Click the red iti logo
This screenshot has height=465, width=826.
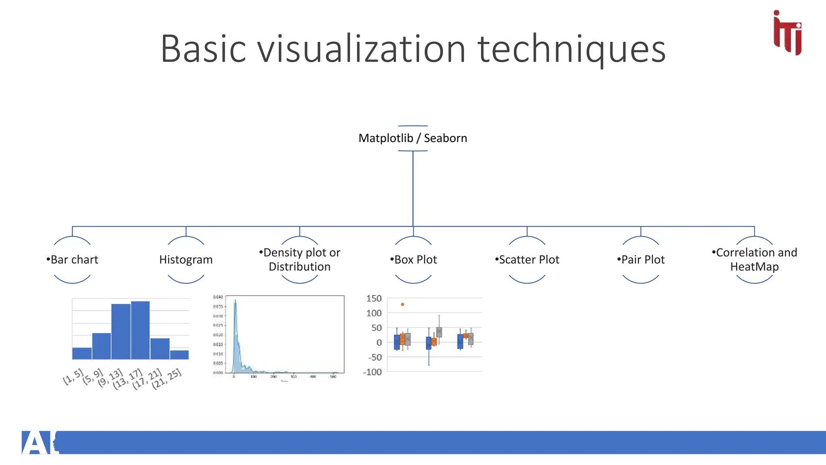pyautogui.click(x=787, y=33)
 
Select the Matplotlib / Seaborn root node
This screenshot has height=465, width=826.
pyautogui.click(x=413, y=138)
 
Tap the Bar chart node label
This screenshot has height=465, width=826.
pyautogui.click(x=72, y=260)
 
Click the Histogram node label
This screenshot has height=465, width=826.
pyautogui.click(x=186, y=260)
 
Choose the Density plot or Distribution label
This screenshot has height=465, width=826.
pyautogui.click(x=300, y=260)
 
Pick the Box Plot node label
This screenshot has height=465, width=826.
pyautogui.click(x=413, y=260)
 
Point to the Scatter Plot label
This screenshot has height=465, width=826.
pyautogui.click(x=527, y=260)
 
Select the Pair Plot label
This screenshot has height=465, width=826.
pyautogui.click(x=641, y=260)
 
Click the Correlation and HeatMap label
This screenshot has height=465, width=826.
pyautogui.click(x=754, y=260)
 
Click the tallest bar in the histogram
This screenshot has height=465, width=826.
pyautogui.click(x=140, y=330)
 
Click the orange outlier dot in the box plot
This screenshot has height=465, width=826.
pyautogui.click(x=403, y=304)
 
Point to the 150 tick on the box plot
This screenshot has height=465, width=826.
pyautogui.click(x=374, y=299)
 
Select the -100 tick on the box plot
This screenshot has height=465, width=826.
pyautogui.click(x=372, y=372)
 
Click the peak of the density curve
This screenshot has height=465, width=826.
pyautogui.click(x=236, y=300)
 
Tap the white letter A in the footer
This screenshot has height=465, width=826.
pyautogui.click(x=35, y=443)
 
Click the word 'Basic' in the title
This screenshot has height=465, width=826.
pyautogui.click(x=203, y=49)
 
